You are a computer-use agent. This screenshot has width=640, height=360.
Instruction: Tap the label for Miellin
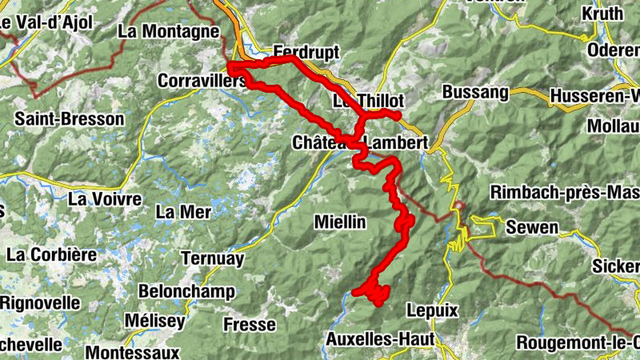pos(340,221)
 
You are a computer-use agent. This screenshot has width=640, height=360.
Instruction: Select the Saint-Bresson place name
pos(70,119)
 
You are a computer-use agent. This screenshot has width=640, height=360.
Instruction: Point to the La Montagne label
pos(168,32)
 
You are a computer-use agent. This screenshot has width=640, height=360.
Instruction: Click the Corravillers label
pos(202,82)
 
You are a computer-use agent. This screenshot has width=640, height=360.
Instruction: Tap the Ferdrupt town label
pos(306,52)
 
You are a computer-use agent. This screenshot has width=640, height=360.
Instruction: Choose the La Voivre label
pos(106,198)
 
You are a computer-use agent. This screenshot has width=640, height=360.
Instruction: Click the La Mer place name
pos(183,212)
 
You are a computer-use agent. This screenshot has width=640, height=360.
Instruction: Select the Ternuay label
pos(212,258)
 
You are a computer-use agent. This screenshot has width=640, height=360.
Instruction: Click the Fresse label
pos(250,325)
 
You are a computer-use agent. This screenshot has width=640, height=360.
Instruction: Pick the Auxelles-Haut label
pos(380,339)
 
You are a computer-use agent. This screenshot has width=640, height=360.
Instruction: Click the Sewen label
pos(532,228)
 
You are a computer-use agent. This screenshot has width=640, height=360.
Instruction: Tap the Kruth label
pos(602,14)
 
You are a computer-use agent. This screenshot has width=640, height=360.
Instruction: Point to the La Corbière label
pos(51,255)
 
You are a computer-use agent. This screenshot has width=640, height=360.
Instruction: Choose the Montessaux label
pos(132,351)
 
